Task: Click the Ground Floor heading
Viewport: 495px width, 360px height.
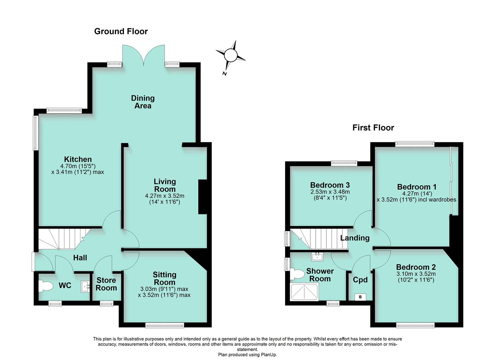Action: tap(121, 31)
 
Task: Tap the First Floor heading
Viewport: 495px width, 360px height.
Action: tap(373, 128)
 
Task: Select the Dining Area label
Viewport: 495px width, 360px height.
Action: tap(143, 102)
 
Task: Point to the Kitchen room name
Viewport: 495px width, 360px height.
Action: tap(78, 159)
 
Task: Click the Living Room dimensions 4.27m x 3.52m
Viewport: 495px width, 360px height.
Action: tap(165, 196)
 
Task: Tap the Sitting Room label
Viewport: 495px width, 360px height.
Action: tap(164, 278)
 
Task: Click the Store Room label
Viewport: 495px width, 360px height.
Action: tap(106, 284)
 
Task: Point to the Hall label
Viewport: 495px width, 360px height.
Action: tap(80, 258)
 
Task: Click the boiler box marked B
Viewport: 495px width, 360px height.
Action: tap(360, 297)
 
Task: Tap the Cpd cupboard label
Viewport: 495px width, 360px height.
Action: tap(360, 280)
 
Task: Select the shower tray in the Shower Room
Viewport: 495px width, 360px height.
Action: tap(305, 292)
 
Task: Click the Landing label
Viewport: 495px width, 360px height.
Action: tap(355, 238)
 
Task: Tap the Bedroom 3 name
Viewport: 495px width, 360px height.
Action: tap(330, 185)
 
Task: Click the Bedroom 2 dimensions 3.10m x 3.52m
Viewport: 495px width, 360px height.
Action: tap(416, 274)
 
